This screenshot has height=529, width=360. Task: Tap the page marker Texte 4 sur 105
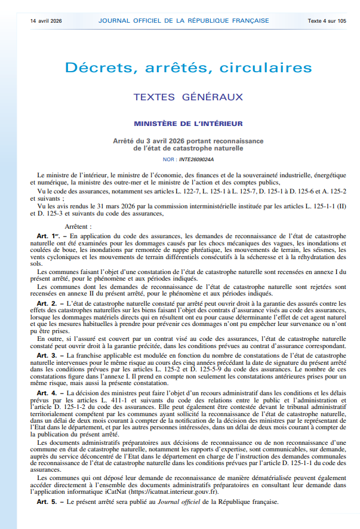327,20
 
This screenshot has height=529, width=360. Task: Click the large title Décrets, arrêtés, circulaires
180,68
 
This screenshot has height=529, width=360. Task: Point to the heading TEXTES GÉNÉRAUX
180,96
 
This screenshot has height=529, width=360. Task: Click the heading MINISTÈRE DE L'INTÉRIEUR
180,124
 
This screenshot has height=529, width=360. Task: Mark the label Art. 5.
48,502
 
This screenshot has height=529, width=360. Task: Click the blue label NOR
168,160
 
